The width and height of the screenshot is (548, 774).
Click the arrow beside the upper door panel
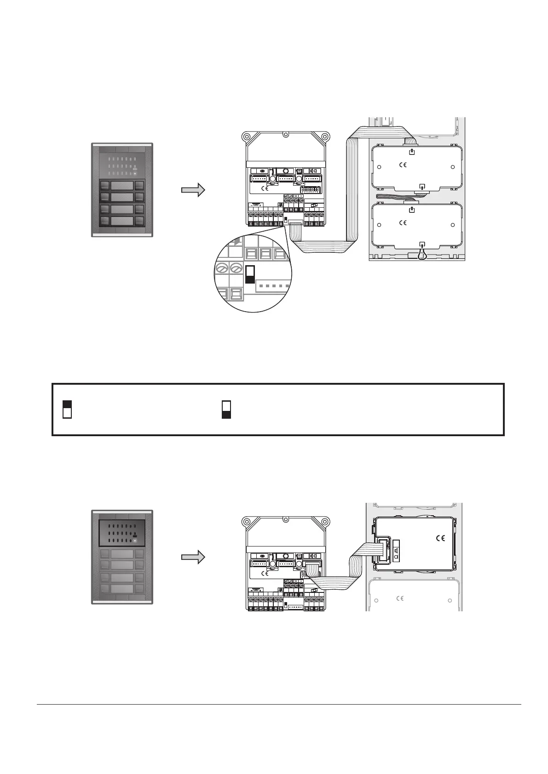(193, 190)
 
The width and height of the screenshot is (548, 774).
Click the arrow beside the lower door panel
(193, 557)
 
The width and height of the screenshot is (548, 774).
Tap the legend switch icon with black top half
(67, 409)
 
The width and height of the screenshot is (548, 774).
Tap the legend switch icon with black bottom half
(226, 409)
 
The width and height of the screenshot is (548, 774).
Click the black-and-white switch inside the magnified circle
(250, 274)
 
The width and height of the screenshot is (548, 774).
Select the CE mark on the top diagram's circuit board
(265, 188)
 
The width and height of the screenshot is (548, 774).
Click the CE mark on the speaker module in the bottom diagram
(440, 538)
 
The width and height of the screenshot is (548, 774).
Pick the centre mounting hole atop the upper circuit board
(286, 136)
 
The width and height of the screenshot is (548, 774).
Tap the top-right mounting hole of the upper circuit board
(325, 136)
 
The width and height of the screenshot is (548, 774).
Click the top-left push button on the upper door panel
(104, 186)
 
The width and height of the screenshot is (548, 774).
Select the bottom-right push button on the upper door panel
(139, 221)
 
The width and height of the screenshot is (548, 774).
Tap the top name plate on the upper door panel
(122, 186)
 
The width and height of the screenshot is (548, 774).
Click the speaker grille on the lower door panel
(122, 533)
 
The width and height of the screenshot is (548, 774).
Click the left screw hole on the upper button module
(378, 167)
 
